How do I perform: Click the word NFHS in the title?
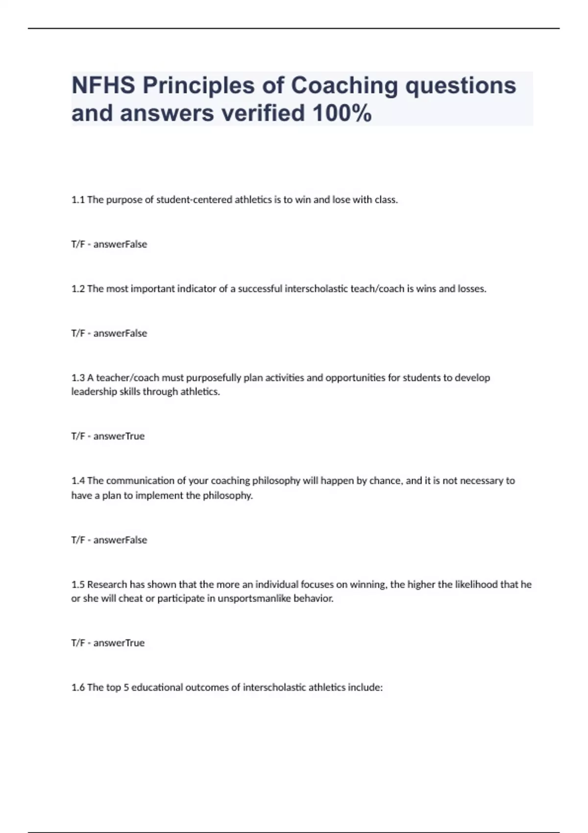[103, 85]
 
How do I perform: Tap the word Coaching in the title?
[344, 85]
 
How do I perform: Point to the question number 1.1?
[78, 200]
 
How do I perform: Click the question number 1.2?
[78, 289]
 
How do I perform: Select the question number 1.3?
[78, 378]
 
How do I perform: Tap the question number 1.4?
[78, 481]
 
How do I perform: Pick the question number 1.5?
[78, 585]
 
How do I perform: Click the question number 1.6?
[78, 687]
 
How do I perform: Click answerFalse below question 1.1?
[120, 244]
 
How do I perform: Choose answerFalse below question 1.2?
[120, 333]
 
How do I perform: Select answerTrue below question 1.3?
[119, 436]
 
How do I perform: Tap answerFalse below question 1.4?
[120, 540]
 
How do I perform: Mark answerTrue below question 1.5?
[119, 643]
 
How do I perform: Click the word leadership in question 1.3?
[94, 392]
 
